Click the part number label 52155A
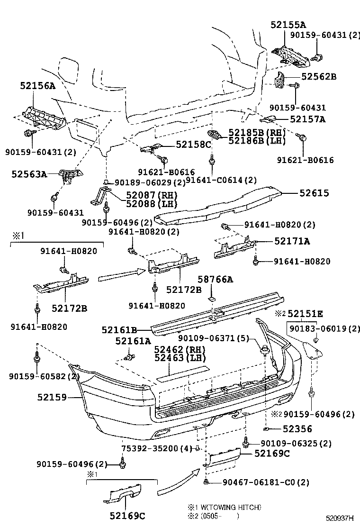click(x=288, y=25)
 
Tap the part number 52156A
click(x=37, y=86)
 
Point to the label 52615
click(x=314, y=193)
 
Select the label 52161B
click(x=120, y=329)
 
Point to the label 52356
click(x=297, y=429)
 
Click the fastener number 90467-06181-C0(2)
click(x=265, y=482)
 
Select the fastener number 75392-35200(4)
click(x=156, y=448)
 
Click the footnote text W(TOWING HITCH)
click(x=234, y=507)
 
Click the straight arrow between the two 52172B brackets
click(x=121, y=275)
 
